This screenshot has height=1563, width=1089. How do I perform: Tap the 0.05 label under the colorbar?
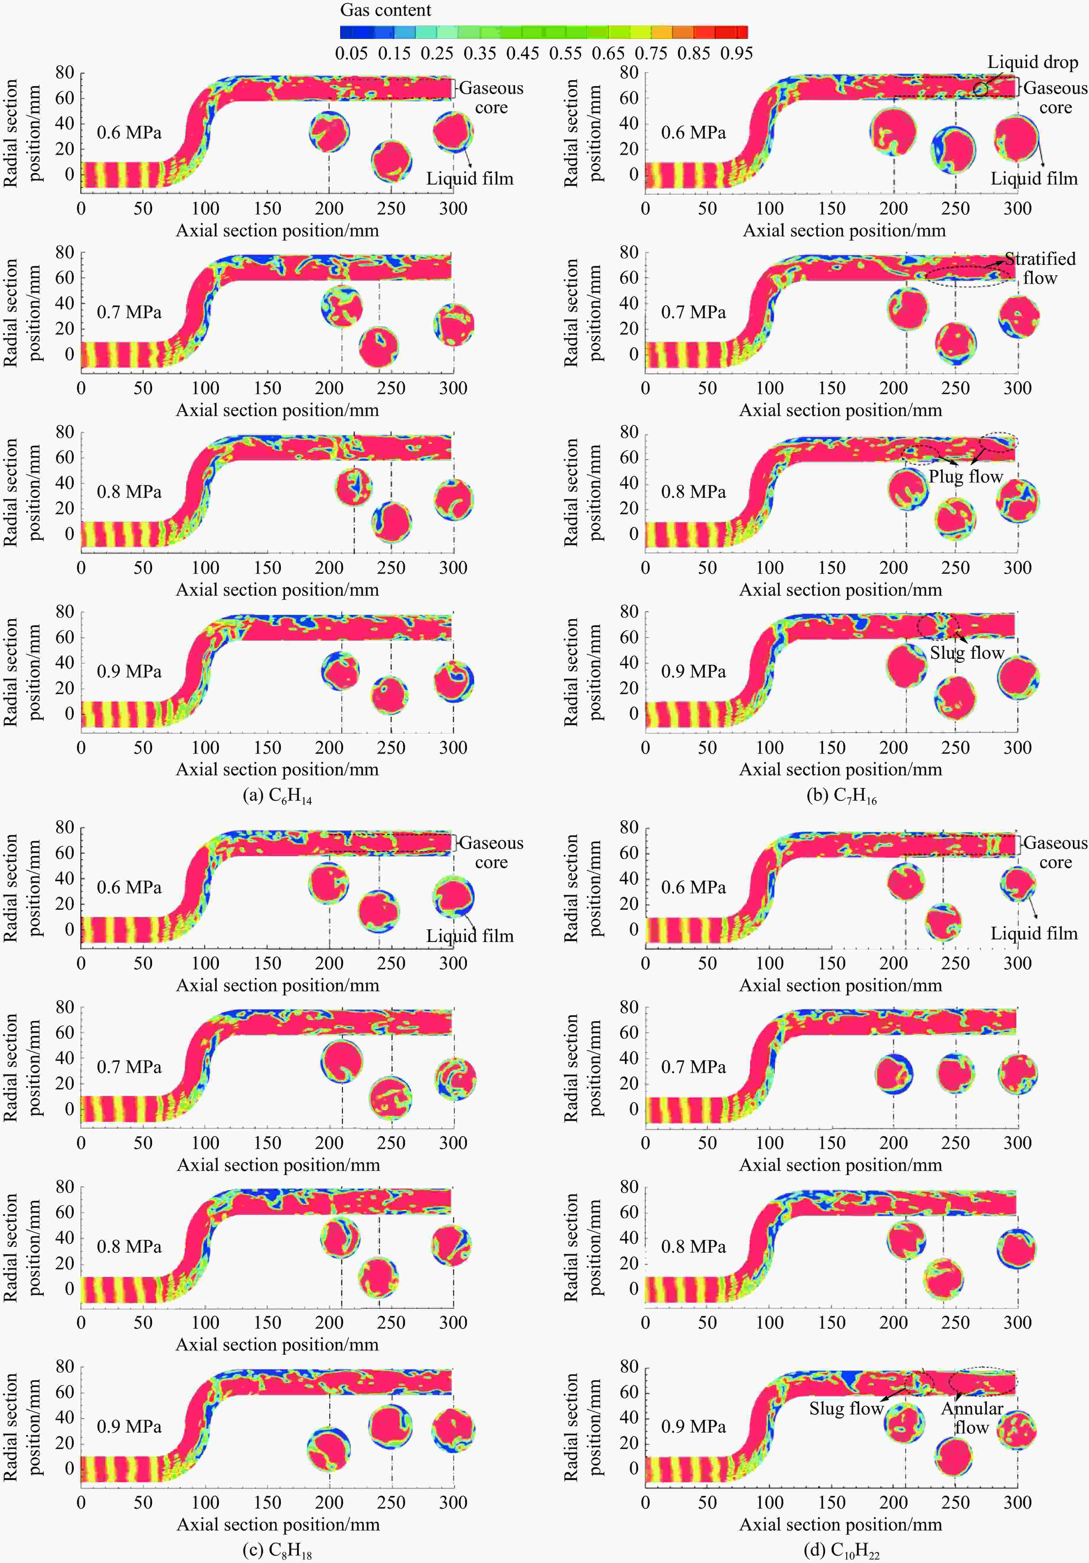click(351, 53)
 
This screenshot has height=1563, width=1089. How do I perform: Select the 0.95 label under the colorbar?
click(736, 53)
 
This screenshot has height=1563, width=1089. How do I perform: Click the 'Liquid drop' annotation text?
click(1033, 63)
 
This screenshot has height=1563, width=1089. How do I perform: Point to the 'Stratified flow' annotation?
click(1040, 268)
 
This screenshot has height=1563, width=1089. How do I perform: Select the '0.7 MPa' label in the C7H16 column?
click(693, 312)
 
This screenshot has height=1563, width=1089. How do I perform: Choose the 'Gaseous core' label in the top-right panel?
click(1055, 97)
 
